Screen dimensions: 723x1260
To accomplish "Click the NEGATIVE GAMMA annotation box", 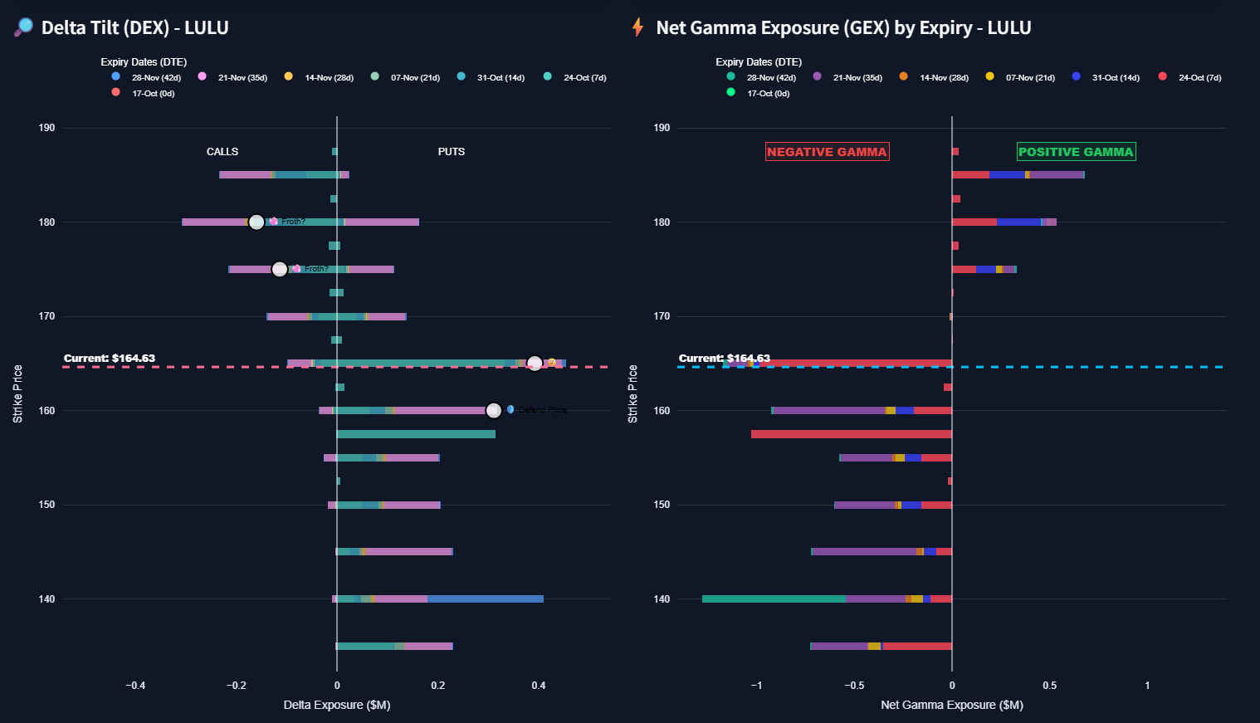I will [x=827, y=152].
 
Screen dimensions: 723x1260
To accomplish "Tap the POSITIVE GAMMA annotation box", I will [x=1076, y=152].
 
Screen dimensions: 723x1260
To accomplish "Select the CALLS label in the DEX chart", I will [x=222, y=152].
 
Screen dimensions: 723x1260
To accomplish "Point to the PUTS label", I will [x=452, y=152].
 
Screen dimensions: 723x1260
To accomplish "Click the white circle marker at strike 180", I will [x=256, y=222].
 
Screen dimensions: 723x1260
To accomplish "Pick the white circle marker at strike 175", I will [x=280, y=269].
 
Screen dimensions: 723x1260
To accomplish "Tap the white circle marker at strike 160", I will [x=494, y=411].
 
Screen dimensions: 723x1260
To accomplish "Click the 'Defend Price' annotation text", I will [x=543, y=410].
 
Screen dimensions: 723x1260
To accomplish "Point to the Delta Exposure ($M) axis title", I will [x=337, y=705].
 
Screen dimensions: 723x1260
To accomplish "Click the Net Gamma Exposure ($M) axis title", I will [x=952, y=705].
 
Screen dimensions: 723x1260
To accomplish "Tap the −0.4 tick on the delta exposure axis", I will [x=135, y=686].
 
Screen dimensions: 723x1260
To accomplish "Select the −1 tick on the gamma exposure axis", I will [x=756, y=686].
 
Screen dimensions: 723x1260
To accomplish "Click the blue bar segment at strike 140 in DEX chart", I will [x=486, y=599].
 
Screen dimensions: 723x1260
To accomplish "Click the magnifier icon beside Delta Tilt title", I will [x=23, y=27].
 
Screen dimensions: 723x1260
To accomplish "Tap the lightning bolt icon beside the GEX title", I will [x=637, y=27].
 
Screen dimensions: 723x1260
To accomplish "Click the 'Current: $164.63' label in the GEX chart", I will [x=724, y=359].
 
